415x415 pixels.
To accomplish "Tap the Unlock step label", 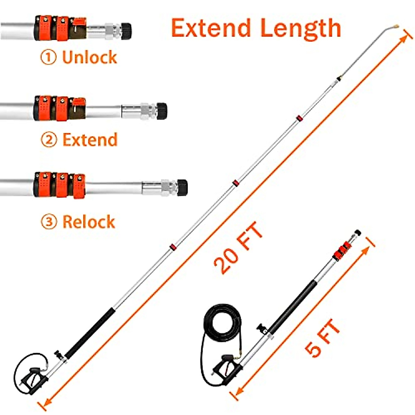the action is [x=90, y=57].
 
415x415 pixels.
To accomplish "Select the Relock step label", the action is [x=89, y=222].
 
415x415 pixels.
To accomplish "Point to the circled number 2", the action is [x=49, y=140].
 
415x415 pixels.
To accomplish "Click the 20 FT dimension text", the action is [x=238, y=249].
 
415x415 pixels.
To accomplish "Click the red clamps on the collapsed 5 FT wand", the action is [x=342, y=250].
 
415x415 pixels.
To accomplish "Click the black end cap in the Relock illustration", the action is [x=182, y=188].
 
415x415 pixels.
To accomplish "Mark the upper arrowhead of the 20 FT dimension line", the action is [x=405, y=35].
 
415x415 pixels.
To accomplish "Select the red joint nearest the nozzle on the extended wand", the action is [x=299, y=118].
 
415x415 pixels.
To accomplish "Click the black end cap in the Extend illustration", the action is [x=162, y=111].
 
